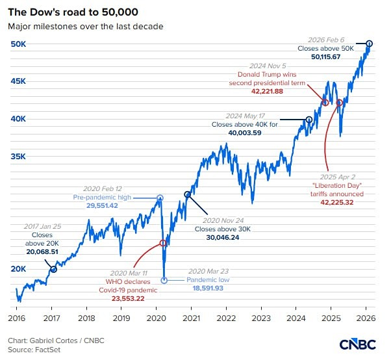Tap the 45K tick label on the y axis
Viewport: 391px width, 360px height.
18,81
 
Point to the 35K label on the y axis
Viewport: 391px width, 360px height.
18,157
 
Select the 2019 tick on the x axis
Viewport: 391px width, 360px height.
121,318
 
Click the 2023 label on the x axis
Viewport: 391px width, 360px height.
261,318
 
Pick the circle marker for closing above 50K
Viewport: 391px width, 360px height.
370,44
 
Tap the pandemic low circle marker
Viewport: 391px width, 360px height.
164,280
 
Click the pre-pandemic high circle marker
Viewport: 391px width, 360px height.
160,198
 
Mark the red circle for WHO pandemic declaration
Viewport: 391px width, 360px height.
162,243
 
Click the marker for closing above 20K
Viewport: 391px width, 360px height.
53,269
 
